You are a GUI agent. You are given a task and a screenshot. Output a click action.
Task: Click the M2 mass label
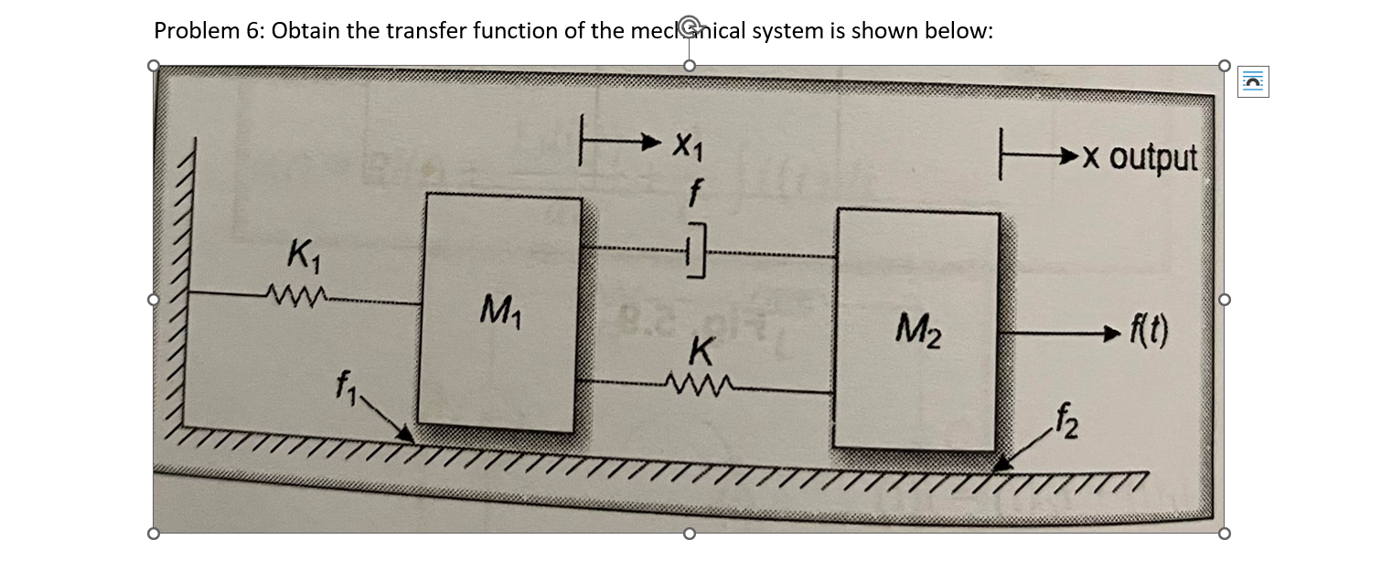916,323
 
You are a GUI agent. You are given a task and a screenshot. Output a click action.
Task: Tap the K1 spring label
302,252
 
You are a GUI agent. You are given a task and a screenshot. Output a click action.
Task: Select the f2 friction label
1065,423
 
